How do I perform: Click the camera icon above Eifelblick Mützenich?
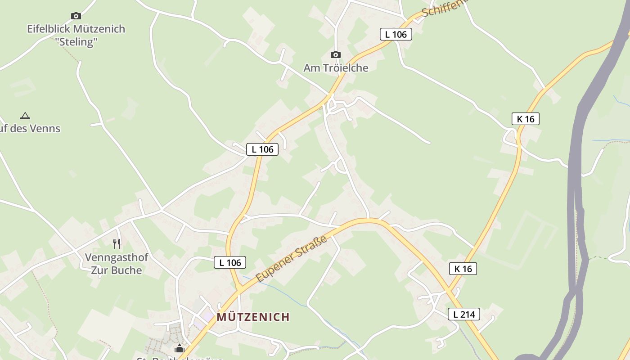pyautogui.click(x=76, y=16)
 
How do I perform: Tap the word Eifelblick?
pyautogui.click(x=48, y=29)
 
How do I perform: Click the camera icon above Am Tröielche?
pyautogui.click(x=335, y=55)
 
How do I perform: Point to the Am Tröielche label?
pyautogui.click(x=336, y=68)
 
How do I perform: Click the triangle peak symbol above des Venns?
pyautogui.click(x=25, y=116)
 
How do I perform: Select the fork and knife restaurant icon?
pyautogui.click(x=117, y=244)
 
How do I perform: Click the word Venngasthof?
pyautogui.click(x=117, y=258)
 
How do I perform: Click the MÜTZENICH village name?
pyautogui.click(x=253, y=317)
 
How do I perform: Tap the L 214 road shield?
pyautogui.click(x=464, y=314)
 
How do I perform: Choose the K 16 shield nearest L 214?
pyautogui.click(x=463, y=269)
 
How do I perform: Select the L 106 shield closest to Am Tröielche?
pyautogui.click(x=396, y=34)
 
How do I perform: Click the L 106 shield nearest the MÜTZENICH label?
pyautogui.click(x=230, y=263)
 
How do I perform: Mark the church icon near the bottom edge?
pyautogui.click(x=180, y=348)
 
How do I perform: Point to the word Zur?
pyautogui.click(x=99, y=270)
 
